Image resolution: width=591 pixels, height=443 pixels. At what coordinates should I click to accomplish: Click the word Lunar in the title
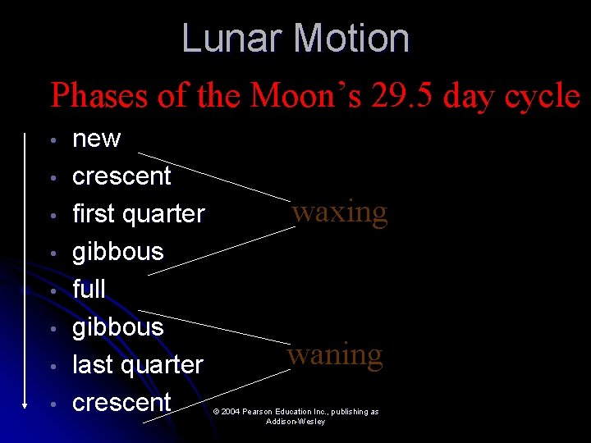(233, 39)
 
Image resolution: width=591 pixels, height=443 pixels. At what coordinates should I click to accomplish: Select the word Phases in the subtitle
(98, 96)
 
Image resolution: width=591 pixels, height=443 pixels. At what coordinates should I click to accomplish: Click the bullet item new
(96, 139)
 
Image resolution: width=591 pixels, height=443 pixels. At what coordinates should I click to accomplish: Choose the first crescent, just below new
(121, 176)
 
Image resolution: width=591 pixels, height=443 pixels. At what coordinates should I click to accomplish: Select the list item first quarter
(138, 213)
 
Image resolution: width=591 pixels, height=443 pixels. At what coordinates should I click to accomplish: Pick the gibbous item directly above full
(118, 252)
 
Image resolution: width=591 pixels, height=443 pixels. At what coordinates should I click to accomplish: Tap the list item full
(89, 289)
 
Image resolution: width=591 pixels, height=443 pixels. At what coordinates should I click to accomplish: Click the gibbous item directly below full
(118, 327)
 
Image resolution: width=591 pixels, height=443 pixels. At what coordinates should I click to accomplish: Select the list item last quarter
(137, 364)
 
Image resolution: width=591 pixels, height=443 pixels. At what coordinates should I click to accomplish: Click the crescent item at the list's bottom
(121, 402)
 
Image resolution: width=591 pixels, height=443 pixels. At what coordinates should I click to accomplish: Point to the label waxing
(340, 212)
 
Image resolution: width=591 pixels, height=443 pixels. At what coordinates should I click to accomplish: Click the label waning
(335, 355)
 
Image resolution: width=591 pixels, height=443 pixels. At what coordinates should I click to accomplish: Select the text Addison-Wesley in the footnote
(295, 422)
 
